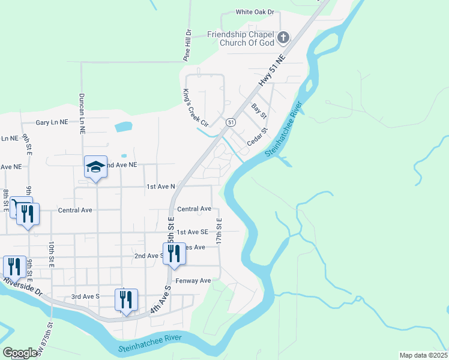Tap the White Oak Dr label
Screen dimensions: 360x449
coord(255,12)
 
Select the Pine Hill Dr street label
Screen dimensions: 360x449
coord(187,45)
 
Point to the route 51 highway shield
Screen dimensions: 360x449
coord(231,122)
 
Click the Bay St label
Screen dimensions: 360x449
coord(259,110)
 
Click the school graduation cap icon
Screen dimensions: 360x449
coord(95,167)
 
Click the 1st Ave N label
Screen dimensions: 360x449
coord(161,187)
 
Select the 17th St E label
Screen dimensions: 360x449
coord(220,230)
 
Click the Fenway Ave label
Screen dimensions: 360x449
coord(193,281)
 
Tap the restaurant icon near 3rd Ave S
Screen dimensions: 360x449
coord(126,299)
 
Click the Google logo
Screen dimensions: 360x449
coord(20,353)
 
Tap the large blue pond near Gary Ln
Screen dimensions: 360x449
coord(123,127)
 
